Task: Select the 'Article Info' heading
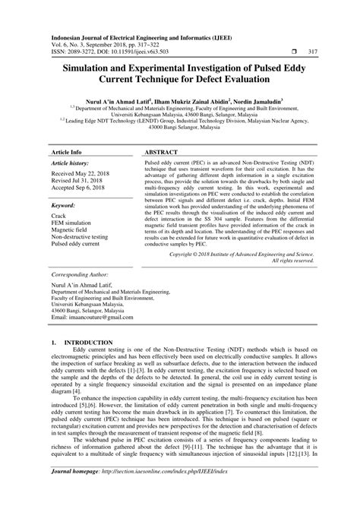click(67, 131)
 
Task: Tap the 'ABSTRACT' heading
click(164, 131)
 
